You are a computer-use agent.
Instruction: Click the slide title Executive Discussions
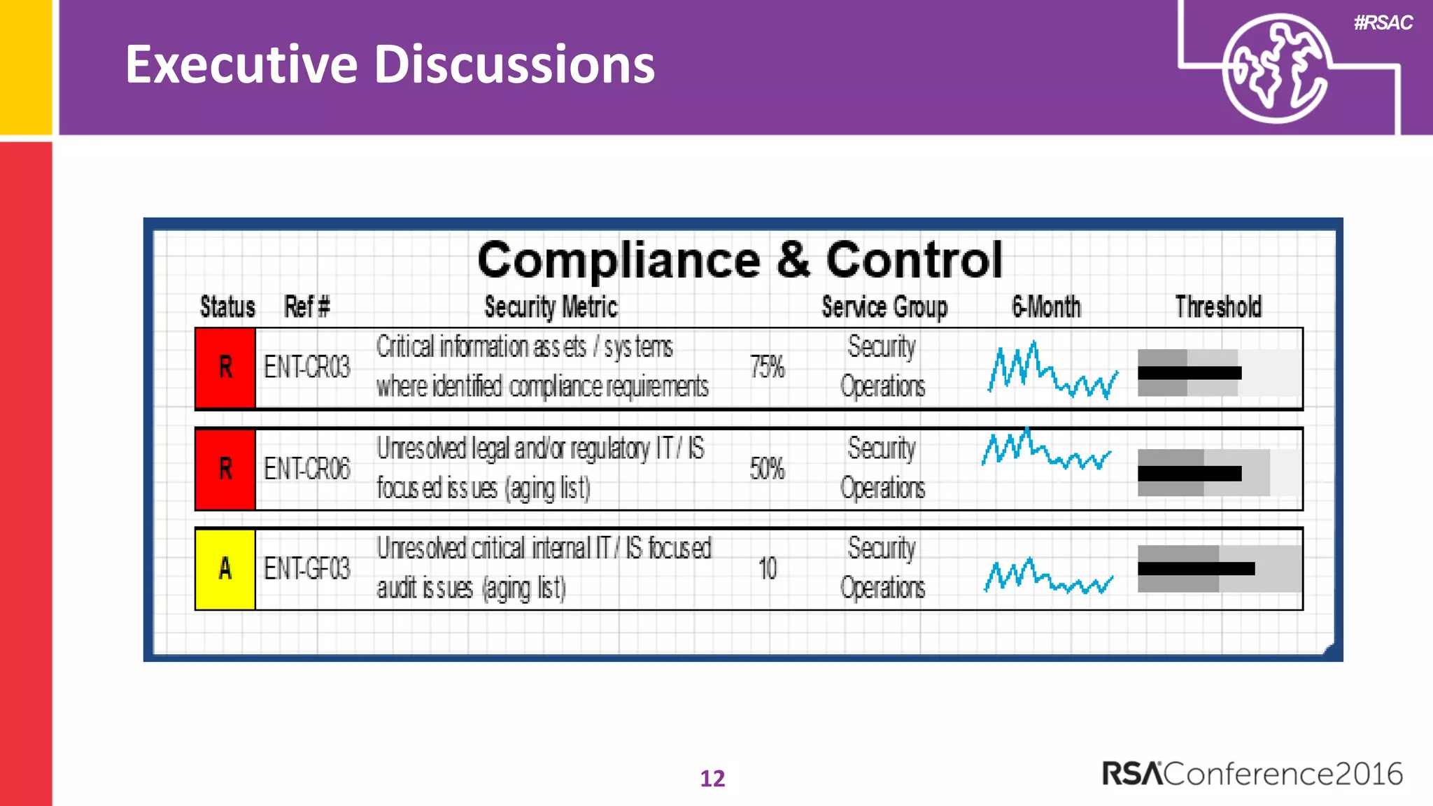pos(390,64)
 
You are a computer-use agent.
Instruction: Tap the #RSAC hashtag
pos(1383,23)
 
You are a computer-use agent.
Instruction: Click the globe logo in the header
pos(1275,69)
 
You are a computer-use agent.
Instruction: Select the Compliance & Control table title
pos(740,260)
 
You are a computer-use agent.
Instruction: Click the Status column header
pos(227,307)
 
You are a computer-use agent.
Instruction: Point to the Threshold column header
pos(1218,307)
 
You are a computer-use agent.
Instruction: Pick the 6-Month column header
pos(1046,307)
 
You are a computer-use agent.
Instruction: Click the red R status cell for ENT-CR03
pos(225,367)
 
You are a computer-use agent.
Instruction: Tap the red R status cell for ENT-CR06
pos(225,469)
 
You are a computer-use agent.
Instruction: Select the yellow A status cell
pos(225,569)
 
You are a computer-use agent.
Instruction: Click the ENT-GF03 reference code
pos(306,569)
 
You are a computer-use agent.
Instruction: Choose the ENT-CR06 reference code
pos(306,469)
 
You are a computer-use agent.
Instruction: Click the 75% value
pos(767,367)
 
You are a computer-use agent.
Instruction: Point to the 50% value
pos(767,469)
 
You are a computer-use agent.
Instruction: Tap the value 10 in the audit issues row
pos(768,569)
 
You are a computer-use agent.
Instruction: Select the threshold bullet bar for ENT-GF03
pos(1219,569)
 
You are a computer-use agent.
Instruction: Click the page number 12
pos(712,778)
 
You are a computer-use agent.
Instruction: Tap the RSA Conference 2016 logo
pos(1252,774)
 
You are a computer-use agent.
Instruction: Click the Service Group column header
pos(884,307)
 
